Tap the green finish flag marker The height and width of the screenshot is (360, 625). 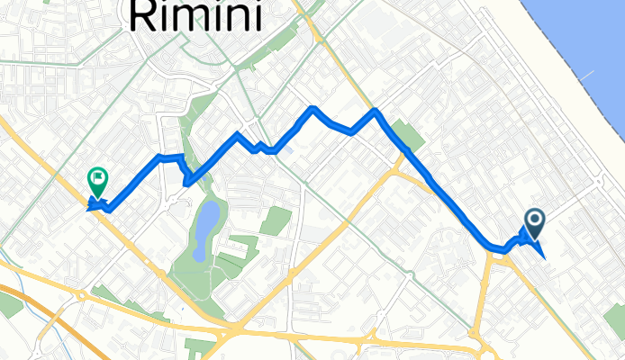click(96, 182)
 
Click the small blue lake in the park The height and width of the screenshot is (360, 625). click(205, 219)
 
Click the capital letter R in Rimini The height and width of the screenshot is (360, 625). click(148, 16)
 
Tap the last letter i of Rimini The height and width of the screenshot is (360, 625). click(257, 16)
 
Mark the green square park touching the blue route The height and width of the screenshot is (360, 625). click(409, 137)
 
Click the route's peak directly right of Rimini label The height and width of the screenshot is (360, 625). click(312, 109)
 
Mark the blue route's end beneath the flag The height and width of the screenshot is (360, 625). click(90, 208)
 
